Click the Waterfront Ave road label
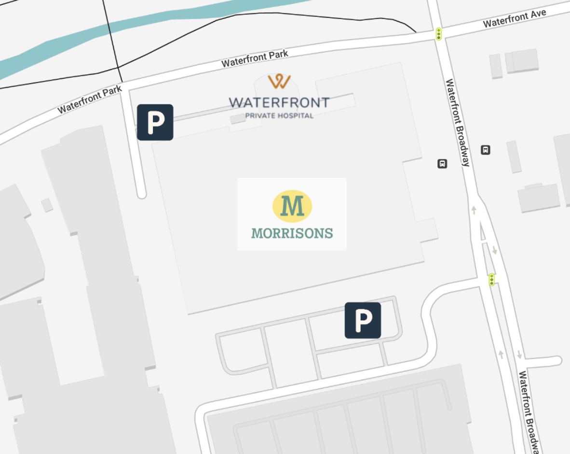point(514,18)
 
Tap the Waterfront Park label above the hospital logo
point(255,58)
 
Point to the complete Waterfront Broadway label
point(457,123)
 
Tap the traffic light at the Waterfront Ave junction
point(439,34)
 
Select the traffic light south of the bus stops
point(491,279)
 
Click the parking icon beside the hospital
point(155,122)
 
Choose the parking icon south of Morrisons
point(363,320)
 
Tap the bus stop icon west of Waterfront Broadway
point(442,164)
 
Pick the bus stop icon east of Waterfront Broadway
point(486,150)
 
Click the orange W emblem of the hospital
point(279,81)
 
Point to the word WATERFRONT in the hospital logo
point(279,102)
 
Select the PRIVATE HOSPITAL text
point(279,115)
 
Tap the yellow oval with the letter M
point(292,206)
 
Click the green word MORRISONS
point(292,233)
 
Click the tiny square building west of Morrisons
point(47,205)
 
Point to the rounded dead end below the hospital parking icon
point(141,194)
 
